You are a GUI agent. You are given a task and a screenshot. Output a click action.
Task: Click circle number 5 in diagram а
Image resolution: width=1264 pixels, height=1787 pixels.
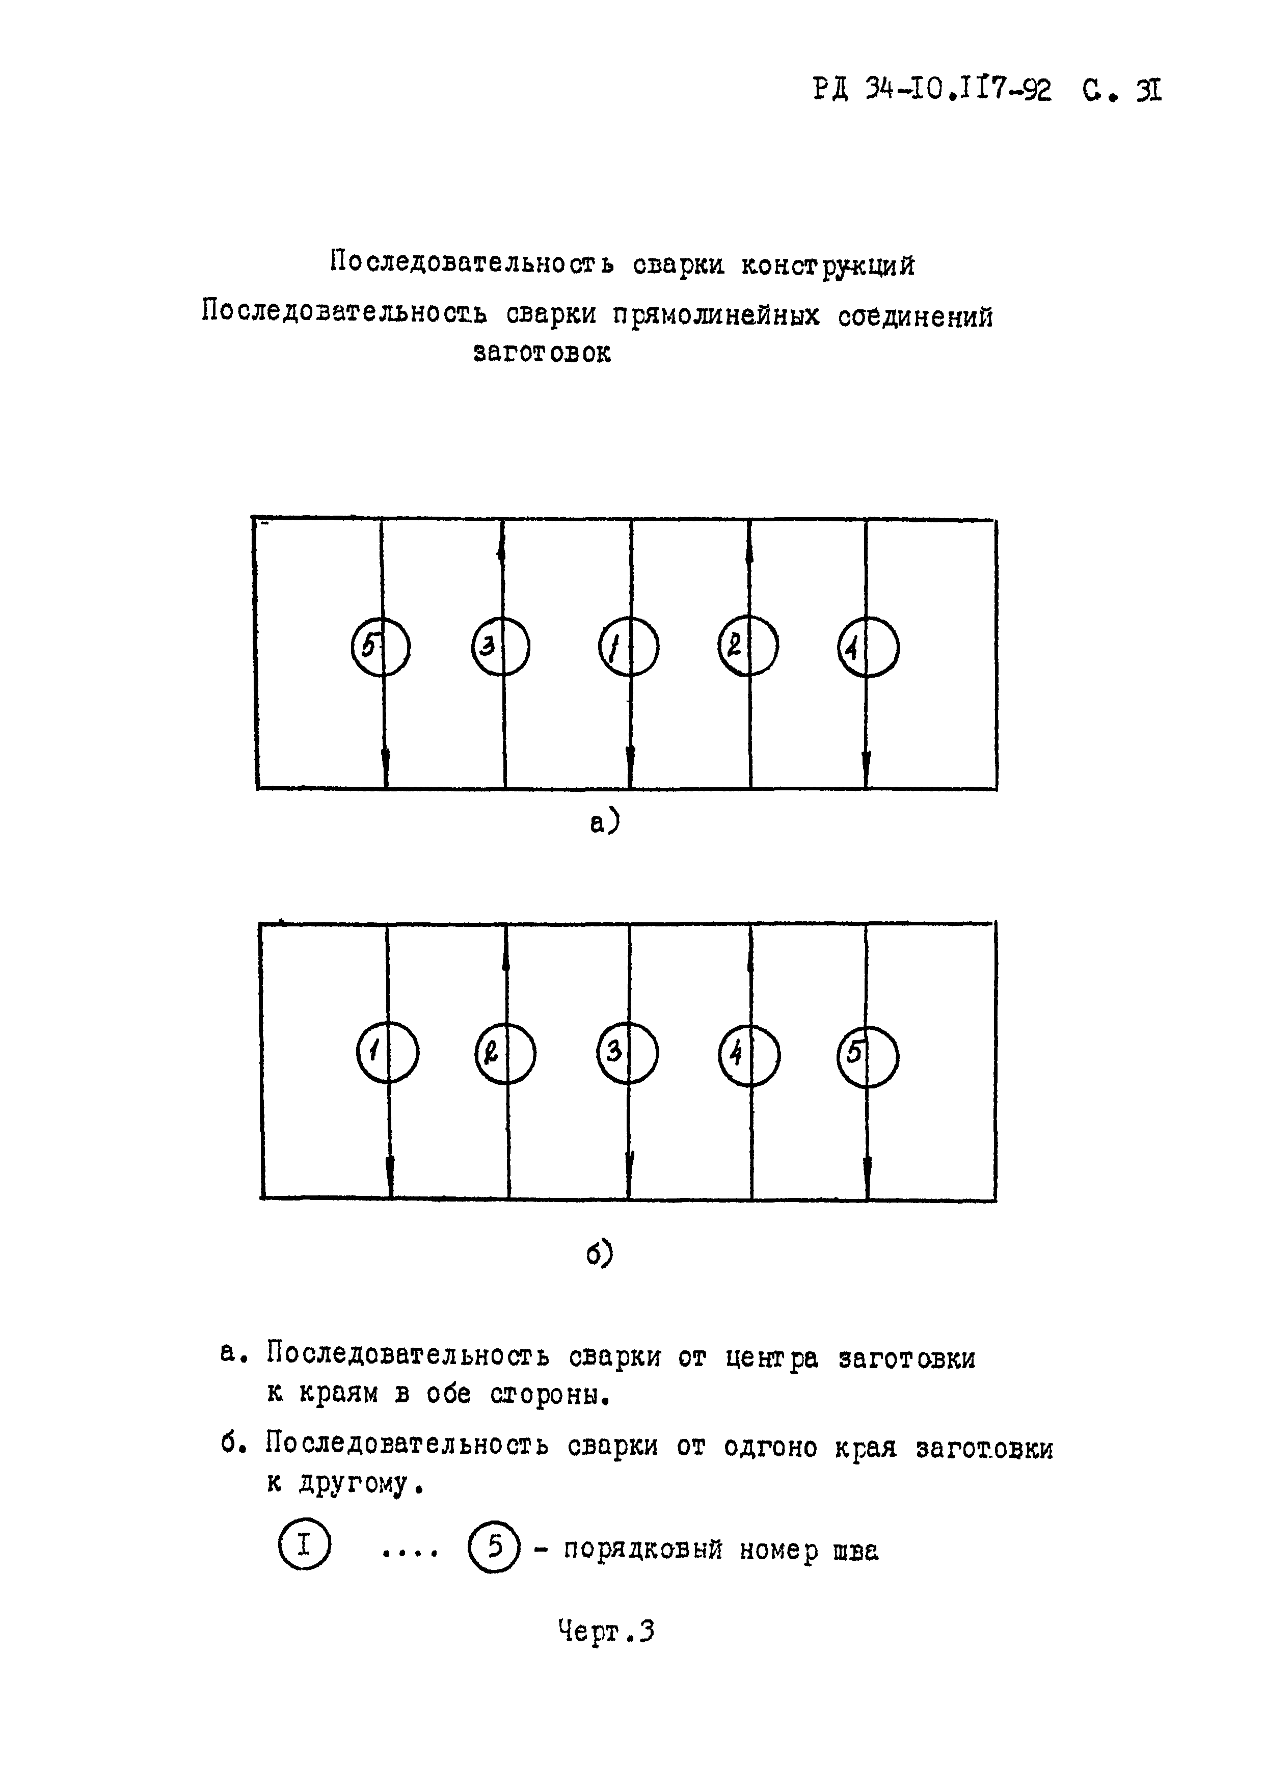click(381, 647)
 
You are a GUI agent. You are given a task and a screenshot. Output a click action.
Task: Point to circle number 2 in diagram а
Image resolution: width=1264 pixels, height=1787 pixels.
click(748, 646)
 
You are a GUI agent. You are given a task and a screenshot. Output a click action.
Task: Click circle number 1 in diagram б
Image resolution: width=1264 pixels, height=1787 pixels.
click(387, 1052)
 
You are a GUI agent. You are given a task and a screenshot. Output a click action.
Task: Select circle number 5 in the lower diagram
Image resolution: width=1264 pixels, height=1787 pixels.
click(868, 1055)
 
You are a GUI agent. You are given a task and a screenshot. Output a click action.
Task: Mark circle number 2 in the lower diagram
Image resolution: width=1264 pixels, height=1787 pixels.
click(505, 1054)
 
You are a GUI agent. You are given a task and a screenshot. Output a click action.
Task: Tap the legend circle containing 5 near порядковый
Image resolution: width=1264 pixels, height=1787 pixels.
click(494, 1548)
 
